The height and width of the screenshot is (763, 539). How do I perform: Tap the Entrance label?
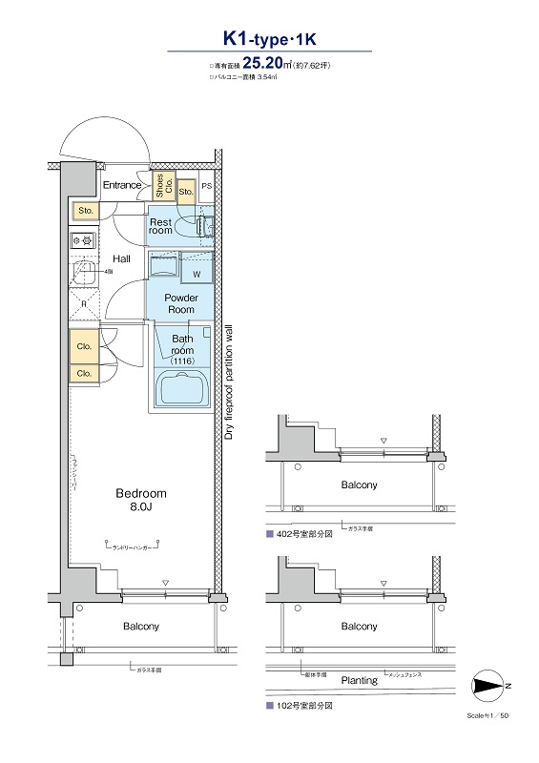(122, 185)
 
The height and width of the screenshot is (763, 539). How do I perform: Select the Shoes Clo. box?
(163, 186)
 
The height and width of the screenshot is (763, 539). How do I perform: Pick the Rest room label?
(160, 226)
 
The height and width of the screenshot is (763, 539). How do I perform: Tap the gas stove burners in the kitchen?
(81, 241)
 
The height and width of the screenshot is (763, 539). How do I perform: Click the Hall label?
(122, 258)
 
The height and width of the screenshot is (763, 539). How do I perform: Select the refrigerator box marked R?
(84, 305)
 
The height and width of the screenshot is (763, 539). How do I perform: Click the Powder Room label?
(181, 303)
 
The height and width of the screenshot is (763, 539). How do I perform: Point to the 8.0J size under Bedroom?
(141, 508)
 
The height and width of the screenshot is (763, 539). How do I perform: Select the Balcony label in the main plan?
(141, 627)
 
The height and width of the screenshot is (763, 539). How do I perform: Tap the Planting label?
(359, 680)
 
